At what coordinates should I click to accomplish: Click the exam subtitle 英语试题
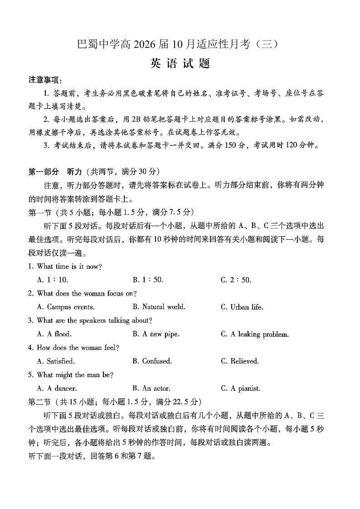point(180,63)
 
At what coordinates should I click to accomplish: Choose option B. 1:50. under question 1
point(148,280)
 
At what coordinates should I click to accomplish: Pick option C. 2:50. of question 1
point(236,280)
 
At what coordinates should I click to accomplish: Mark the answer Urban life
point(242,307)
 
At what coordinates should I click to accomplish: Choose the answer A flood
point(54,334)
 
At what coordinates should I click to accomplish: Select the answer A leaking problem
point(254,334)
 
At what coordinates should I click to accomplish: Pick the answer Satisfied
point(56,361)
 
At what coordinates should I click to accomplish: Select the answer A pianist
point(240,388)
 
